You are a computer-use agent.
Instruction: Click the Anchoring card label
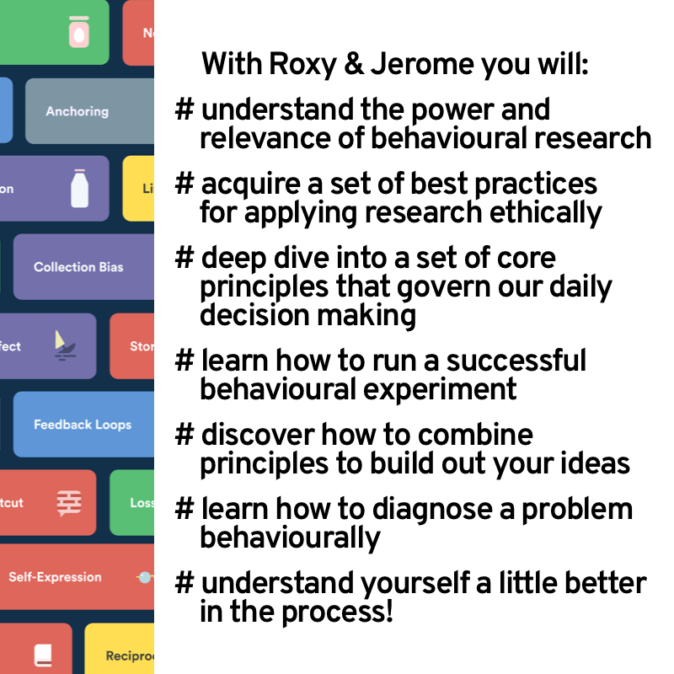[77, 111]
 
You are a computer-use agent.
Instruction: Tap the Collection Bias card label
[78, 267]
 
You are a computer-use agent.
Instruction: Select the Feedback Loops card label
[83, 425]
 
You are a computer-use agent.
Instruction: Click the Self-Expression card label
[55, 577]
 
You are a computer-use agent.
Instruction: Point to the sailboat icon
[62, 345]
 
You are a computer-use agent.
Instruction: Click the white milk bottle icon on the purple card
[79, 189]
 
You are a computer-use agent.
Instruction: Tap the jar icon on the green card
[78, 32]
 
